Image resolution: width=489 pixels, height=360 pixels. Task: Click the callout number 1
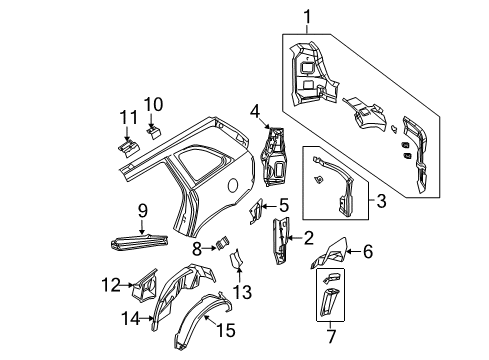point(308,15)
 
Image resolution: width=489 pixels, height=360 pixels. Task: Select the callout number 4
point(255,111)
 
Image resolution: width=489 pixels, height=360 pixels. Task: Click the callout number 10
point(153,104)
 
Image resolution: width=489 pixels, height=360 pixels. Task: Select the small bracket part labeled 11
point(127,146)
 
